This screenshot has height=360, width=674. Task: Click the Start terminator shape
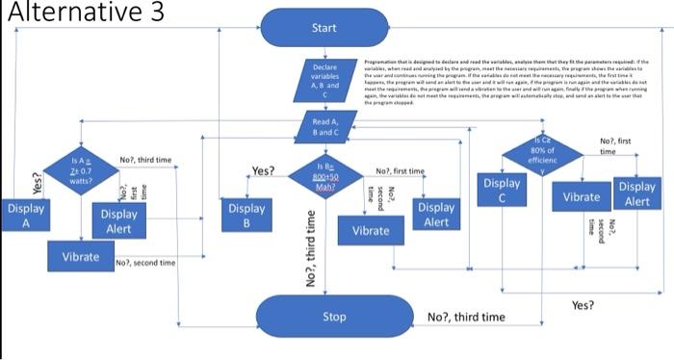(324, 28)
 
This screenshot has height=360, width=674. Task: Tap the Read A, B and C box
(325, 127)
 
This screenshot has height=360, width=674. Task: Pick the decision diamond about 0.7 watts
(81, 172)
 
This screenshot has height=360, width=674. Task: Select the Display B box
(246, 216)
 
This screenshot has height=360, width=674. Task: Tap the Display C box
(502, 191)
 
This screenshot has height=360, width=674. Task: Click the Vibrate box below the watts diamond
(80, 257)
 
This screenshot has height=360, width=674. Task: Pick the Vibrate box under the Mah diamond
(371, 231)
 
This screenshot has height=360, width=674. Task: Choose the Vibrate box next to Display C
(582, 196)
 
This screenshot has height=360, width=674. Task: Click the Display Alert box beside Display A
(118, 221)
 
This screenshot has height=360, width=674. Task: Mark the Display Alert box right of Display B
(436, 215)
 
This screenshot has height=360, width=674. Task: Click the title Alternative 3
(83, 13)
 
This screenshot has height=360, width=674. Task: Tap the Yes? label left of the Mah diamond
(263, 171)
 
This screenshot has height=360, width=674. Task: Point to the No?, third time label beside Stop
(465, 317)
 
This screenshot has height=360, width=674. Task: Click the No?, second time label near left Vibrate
(145, 263)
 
